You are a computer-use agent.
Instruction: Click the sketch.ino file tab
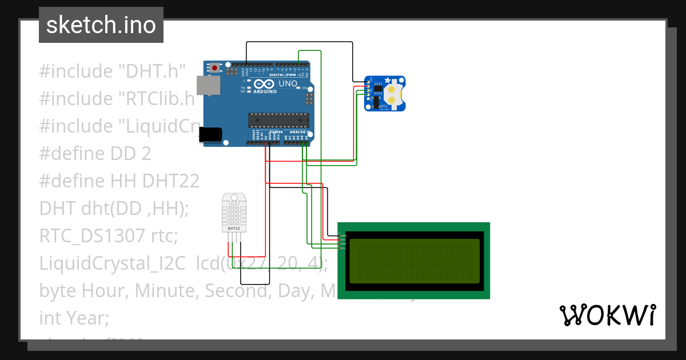click(101, 25)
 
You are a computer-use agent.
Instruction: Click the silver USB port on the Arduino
click(208, 85)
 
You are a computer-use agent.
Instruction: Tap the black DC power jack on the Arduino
click(210, 134)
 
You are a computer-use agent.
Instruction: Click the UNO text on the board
click(288, 83)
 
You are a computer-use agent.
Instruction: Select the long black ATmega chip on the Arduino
click(278, 120)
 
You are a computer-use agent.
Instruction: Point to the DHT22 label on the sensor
click(234, 229)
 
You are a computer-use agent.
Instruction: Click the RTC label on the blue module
click(384, 106)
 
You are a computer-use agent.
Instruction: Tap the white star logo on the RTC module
click(388, 80)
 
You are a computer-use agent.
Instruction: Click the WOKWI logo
click(607, 315)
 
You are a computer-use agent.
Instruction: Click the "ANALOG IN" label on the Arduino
click(297, 131)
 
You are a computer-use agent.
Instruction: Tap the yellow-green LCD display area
click(414, 261)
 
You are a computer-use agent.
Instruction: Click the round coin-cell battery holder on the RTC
click(393, 95)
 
